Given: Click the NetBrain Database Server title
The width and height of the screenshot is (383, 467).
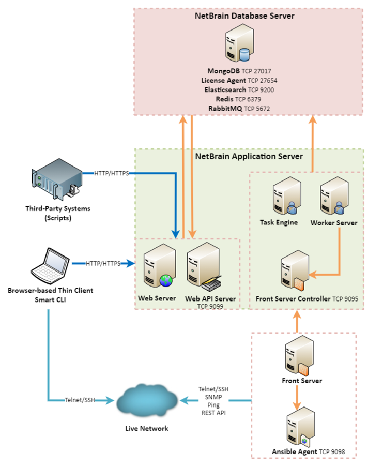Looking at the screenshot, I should click(244, 16).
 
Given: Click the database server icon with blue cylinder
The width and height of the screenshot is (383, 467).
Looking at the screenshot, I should click(238, 45).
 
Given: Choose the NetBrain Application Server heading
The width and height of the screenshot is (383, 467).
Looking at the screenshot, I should click(249, 156).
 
